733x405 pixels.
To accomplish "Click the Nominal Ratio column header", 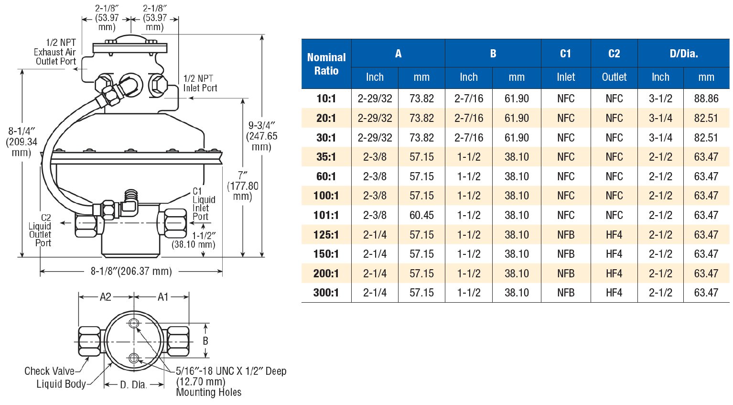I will [x=326, y=64].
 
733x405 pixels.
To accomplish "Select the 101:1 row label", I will [x=326, y=215].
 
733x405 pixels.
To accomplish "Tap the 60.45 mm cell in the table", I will [x=421, y=215].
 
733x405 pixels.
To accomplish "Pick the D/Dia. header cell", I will [x=683, y=54].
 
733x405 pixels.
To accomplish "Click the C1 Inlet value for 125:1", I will [x=566, y=235].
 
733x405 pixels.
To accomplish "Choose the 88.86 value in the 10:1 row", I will [x=706, y=99].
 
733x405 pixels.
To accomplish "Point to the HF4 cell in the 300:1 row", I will [x=614, y=293].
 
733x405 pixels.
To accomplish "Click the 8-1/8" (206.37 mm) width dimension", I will [x=131, y=272].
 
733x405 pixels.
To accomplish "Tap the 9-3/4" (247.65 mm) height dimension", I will [x=262, y=136].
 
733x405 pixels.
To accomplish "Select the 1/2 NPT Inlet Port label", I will [x=200, y=83].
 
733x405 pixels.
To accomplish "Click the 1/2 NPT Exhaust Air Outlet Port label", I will [x=55, y=52].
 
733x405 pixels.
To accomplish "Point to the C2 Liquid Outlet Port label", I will [x=41, y=230].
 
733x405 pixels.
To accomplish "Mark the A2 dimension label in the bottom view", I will [x=105, y=297].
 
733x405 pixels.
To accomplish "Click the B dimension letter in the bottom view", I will [x=205, y=341].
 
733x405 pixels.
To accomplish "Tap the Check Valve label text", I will [x=49, y=371].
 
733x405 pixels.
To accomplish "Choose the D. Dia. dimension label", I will [x=133, y=384].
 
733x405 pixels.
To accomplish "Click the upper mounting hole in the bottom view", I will [x=134, y=324].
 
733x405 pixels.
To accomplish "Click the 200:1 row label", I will [x=326, y=274].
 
